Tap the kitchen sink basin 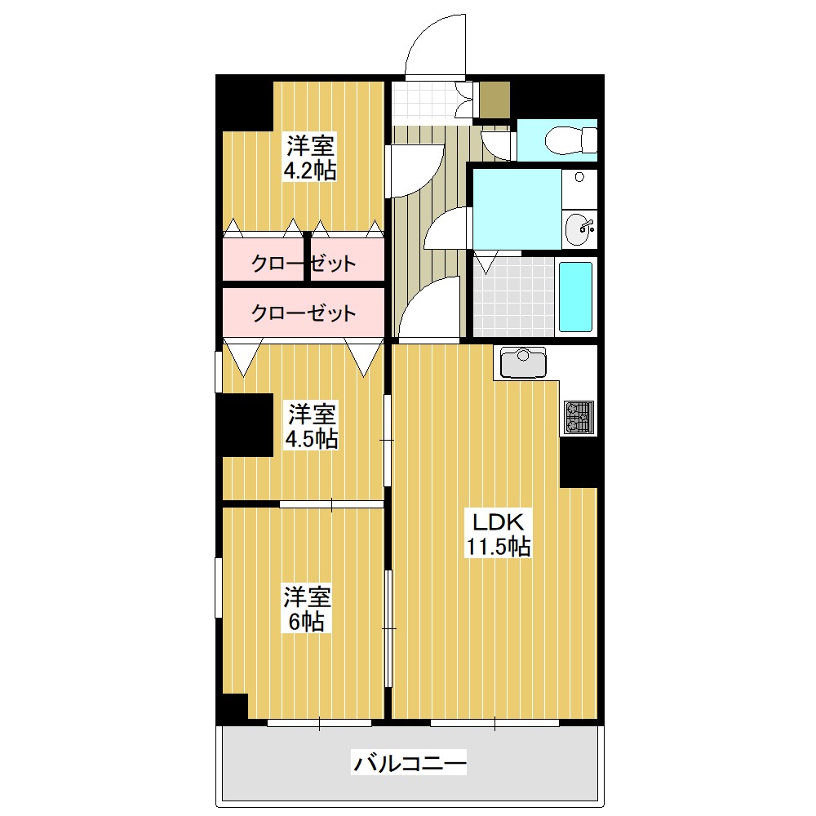pos(523,362)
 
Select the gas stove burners pos(579,417)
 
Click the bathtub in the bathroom pos(575,297)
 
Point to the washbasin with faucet pos(579,228)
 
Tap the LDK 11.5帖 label pos(499,534)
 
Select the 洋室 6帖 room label pos(307,610)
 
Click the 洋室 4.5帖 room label pos(311,426)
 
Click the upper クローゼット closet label pos(304,264)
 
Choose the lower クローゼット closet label pos(304,313)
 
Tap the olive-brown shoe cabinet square pos(494,100)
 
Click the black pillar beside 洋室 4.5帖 pos(245,425)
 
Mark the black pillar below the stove pos(579,462)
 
